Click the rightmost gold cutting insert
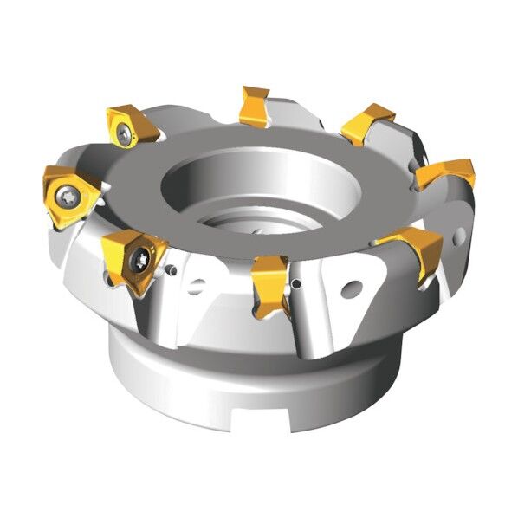click(446, 173)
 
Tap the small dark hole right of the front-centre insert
click(297, 283)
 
